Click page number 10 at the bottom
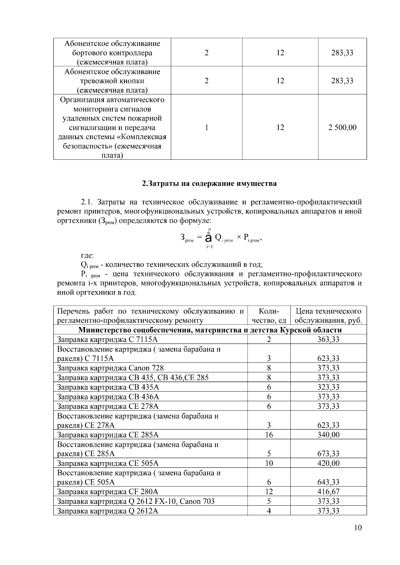click(x=358, y=527)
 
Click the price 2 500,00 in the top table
click(x=342, y=128)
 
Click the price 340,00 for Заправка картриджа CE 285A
click(x=328, y=435)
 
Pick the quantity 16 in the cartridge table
click(x=269, y=435)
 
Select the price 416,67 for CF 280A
click(x=328, y=492)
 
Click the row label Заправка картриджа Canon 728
click(x=111, y=368)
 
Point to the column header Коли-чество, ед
click(x=269, y=316)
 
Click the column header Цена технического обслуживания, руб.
click(x=328, y=316)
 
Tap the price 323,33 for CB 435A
click(x=328, y=387)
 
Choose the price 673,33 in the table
click(x=328, y=454)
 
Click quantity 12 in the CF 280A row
click(x=269, y=492)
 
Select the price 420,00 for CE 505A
click(x=328, y=463)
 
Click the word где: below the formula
click(x=88, y=256)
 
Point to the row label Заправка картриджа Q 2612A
click(x=108, y=511)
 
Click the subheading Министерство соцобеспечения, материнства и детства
click(x=210, y=330)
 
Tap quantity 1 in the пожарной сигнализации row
click(x=207, y=128)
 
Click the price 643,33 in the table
click(x=328, y=482)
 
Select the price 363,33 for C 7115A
click(x=328, y=340)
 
